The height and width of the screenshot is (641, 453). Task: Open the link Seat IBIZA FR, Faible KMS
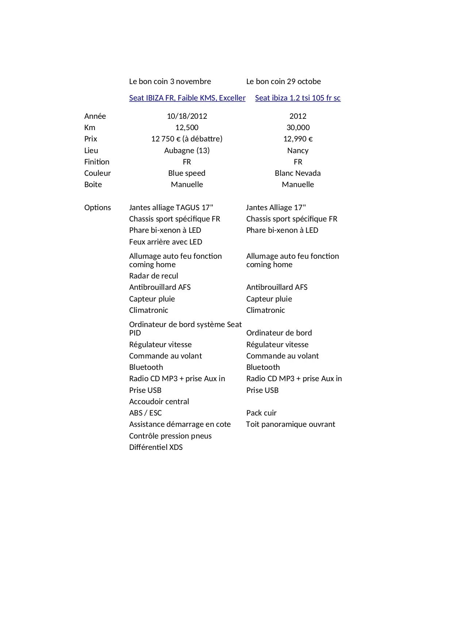click(187, 98)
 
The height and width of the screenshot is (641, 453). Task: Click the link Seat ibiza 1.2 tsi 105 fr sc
click(297, 98)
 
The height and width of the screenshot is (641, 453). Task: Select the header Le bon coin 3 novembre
click(170, 81)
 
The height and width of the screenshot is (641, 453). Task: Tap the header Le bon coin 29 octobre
click(284, 81)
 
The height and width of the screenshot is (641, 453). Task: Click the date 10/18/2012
click(187, 116)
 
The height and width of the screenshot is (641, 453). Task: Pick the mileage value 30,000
click(298, 128)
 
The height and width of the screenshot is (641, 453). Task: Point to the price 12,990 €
click(298, 139)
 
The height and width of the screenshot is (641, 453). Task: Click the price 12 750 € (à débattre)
click(187, 139)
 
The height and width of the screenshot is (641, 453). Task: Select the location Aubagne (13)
click(187, 151)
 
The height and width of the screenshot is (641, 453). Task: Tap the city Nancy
click(298, 151)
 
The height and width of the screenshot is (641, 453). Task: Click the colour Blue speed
click(187, 173)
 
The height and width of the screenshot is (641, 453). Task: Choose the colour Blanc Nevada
click(298, 173)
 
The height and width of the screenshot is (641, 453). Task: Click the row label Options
click(97, 208)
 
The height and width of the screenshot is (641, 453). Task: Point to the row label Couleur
click(97, 173)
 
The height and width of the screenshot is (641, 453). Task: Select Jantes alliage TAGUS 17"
click(171, 208)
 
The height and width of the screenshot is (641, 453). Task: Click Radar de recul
click(154, 276)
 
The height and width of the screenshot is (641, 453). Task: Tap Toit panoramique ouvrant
click(291, 424)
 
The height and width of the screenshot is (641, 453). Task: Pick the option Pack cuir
click(261, 413)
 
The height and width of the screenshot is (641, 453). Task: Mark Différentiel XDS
click(156, 447)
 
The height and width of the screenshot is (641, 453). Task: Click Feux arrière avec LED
click(166, 242)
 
